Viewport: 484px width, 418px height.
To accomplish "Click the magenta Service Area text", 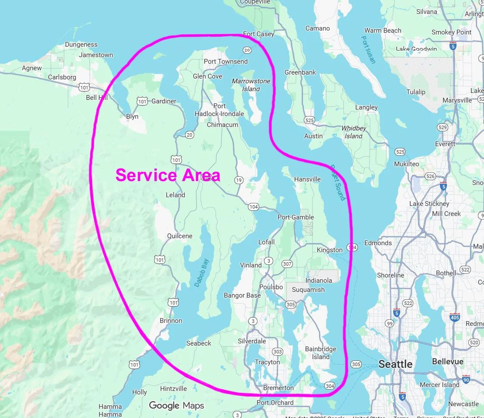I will pyautogui.click(x=168, y=175).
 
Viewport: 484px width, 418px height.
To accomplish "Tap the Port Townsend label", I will pyautogui.click(x=226, y=62).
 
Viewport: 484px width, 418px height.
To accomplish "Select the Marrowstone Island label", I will pyautogui.click(x=251, y=85).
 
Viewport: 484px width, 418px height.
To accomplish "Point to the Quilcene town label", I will pyautogui.click(x=179, y=236).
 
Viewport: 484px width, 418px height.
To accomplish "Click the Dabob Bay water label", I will pyautogui.click(x=202, y=273).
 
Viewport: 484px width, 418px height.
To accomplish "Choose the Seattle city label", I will pyautogui.click(x=395, y=364).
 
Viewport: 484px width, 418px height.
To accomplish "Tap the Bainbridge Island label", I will pyautogui.click(x=321, y=353).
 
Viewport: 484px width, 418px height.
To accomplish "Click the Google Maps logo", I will pyautogui.click(x=176, y=406).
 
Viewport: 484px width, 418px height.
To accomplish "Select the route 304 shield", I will pyautogui.click(x=330, y=385).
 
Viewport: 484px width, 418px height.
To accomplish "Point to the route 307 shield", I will pyautogui.click(x=287, y=264).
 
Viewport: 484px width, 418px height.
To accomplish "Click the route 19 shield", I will pyautogui.click(x=239, y=180).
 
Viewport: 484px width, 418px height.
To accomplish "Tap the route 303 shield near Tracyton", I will pyautogui.click(x=277, y=351).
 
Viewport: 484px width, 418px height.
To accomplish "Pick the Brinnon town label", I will pyautogui.click(x=171, y=321).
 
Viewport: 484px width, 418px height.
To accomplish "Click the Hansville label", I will pyautogui.click(x=307, y=179).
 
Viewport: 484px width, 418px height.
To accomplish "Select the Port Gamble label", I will pyautogui.click(x=295, y=217).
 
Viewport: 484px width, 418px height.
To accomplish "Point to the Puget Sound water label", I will pyautogui.click(x=337, y=182).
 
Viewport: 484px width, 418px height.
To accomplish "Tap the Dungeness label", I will pyautogui.click(x=81, y=45).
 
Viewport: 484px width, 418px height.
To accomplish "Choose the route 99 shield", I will pyautogui.click(x=389, y=323).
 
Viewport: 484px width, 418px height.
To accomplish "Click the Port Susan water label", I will pyautogui.click(x=368, y=49).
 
